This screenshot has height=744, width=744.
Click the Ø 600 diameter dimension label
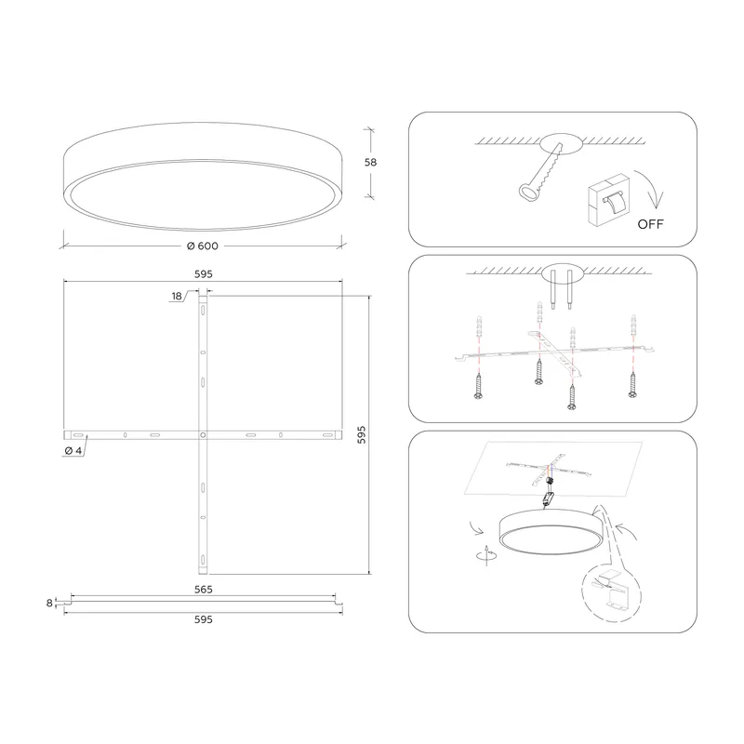[x=203, y=246]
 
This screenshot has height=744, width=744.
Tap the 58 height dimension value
[x=370, y=162]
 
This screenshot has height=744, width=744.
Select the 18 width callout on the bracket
[x=177, y=296]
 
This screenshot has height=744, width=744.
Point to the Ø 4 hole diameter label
[x=73, y=451]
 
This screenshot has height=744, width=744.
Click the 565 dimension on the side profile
[x=203, y=590]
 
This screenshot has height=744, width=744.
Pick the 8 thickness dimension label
[x=49, y=603]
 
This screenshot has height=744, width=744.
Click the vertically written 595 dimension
[x=362, y=434]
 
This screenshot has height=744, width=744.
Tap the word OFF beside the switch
[x=650, y=224]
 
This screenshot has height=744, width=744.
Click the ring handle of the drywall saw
[x=527, y=193]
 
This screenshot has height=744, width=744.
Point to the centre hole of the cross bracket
[x=203, y=434]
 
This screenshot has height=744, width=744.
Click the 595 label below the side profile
[x=203, y=619]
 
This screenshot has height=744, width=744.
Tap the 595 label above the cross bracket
[x=203, y=274]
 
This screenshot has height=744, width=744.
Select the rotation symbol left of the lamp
[x=486, y=555]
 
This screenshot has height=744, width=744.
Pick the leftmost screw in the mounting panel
[x=478, y=386]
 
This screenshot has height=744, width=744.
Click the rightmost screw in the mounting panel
[x=632, y=384]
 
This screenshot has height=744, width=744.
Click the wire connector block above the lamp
[x=549, y=498]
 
